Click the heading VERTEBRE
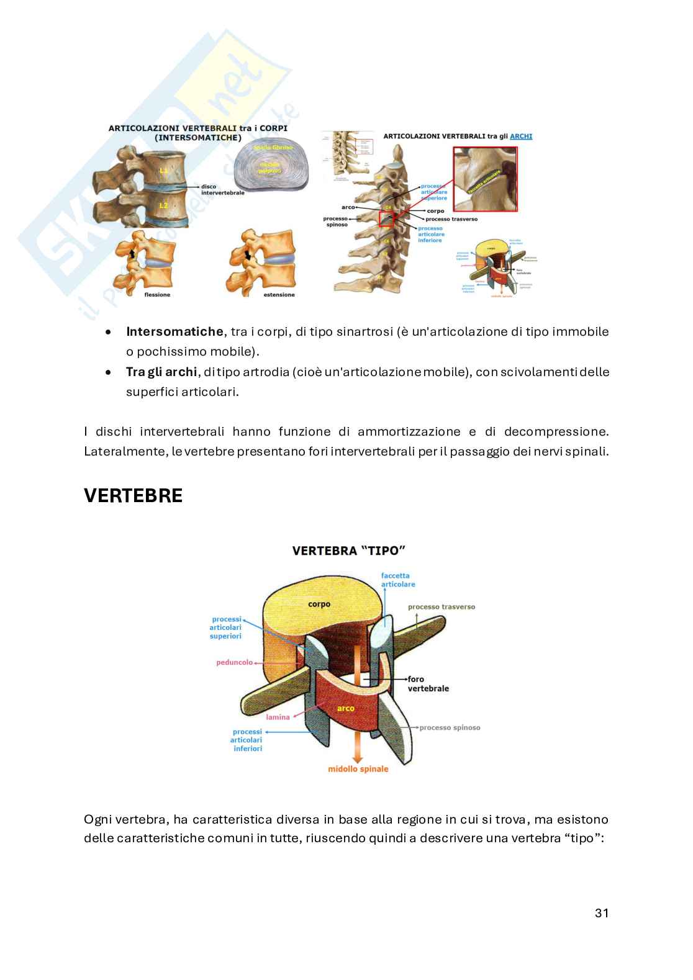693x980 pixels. pos(133,496)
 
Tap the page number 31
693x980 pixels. pos(601,913)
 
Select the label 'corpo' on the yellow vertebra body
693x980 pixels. pos(319,604)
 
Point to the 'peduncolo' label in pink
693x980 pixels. pos(234,662)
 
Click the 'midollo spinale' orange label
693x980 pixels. pos(358,769)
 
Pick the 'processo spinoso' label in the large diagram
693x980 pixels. pos(450,727)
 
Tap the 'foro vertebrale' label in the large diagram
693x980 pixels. pos(428,684)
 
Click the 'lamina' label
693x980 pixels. pos(278,717)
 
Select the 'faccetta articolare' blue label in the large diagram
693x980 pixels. pos(398,580)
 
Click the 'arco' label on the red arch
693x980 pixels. pos(345,708)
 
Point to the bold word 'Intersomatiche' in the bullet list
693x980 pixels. pos(174,331)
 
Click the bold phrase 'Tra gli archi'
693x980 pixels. pos(161,372)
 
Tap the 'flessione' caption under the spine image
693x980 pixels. pos(156,295)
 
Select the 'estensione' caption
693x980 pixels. pos(279,295)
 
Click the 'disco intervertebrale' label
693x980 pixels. pos(222,189)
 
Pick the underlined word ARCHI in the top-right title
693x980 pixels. pos(521,136)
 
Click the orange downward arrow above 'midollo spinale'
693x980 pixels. pos(357,747)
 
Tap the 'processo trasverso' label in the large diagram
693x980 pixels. pos(442,606)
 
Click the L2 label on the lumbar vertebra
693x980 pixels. pos(163,205)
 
